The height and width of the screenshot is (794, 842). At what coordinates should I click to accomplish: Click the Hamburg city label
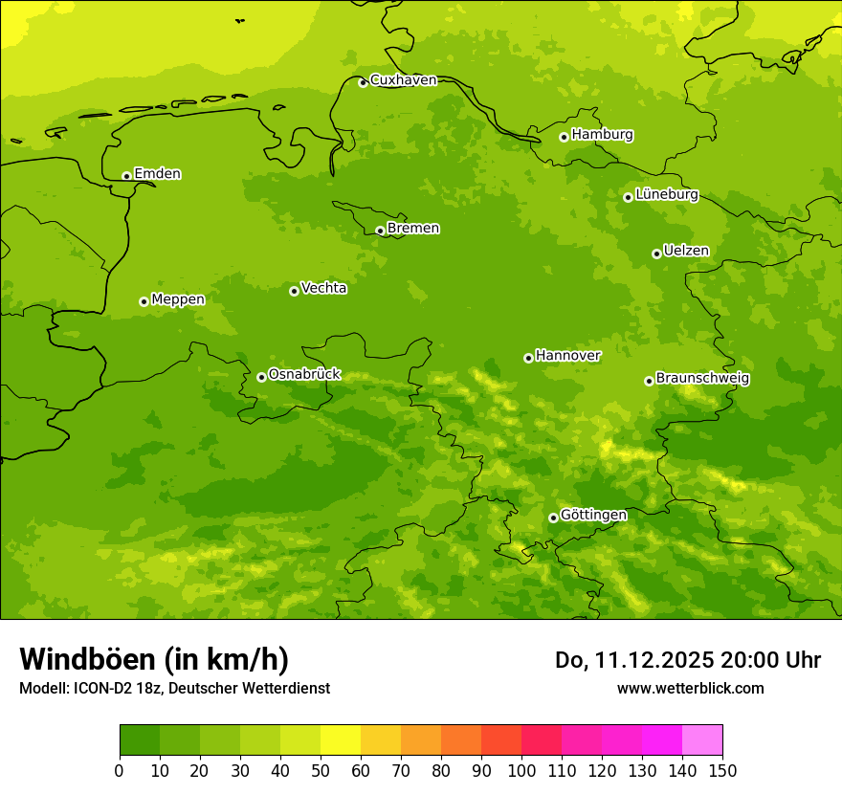coord(602,135)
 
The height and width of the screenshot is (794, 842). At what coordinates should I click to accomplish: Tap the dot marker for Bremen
coord(380,231)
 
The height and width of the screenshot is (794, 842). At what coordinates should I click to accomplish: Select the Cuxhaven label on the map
coord(403,80)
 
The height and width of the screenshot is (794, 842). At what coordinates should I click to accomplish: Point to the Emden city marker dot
coord(126,176)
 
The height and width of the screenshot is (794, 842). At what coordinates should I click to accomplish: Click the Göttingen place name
coord(593,516)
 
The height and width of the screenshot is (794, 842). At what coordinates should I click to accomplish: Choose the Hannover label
coord(567,356)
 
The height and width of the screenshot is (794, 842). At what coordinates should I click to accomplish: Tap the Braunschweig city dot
coord(649,381)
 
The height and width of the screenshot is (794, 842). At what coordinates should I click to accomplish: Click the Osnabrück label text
coord(304,375)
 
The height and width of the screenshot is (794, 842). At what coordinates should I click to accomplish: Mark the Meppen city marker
coord(144,301)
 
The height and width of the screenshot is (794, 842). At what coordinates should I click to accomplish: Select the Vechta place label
coord(323,288)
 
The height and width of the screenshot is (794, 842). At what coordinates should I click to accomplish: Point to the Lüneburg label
coord(666,195)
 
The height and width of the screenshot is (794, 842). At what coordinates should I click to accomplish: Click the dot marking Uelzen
coord(656,254)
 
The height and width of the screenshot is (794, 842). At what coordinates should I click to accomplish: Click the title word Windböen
coord(87,659)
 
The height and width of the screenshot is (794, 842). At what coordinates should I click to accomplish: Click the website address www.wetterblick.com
coord(690,688)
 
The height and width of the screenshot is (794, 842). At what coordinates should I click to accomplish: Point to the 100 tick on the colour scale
coord(521,770)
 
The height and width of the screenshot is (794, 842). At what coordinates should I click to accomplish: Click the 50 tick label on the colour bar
coord(321,770)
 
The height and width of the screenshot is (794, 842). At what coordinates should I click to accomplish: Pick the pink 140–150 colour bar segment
coord(702,740)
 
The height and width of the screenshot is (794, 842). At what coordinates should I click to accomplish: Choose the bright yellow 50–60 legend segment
coord(341,740)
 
